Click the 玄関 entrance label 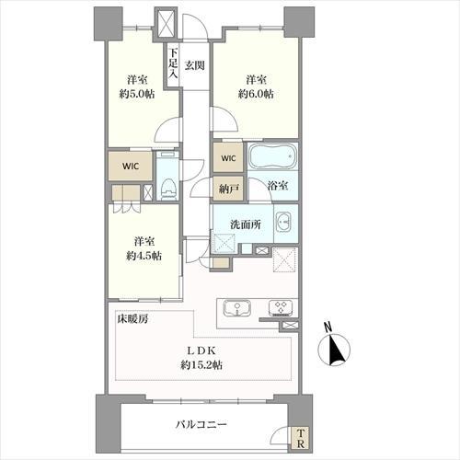[x=193, y=65]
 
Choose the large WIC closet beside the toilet [x=128, y=167]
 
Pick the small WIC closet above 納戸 [x=227, y=158]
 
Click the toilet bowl [x=167, y=187]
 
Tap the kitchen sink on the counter [x=235, y=308]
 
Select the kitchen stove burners [x=280, y=308]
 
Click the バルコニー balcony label [x=201, y=425]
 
